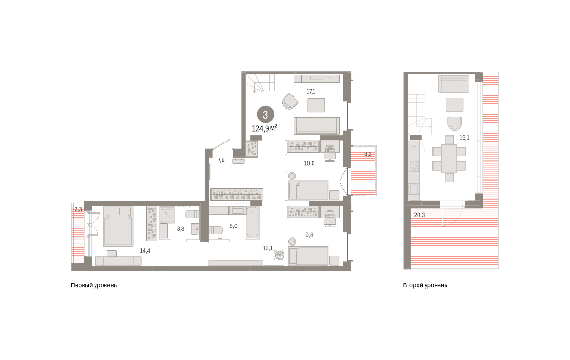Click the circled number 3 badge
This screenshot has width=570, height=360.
(266, 115)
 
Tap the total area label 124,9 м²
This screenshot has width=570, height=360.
(265, 128)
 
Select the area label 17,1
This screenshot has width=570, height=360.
(311, 92)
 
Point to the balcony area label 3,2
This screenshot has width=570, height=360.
(368, 154)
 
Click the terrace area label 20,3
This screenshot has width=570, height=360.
(419, 215)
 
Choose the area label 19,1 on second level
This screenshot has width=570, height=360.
(464, 138)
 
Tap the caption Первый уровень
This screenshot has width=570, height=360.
(94, 285)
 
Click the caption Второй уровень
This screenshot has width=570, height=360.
(425, 285)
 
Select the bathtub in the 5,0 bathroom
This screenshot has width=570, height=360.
(252, 223)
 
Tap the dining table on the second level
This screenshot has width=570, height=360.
(449, 159)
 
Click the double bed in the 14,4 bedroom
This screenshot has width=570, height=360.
(118, 227)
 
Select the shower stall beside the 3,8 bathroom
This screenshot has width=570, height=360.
(167, 215)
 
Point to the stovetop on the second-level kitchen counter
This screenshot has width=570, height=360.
(414, 166)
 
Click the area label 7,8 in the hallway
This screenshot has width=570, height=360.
(221, 160)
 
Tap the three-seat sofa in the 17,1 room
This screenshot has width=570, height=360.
(316, 126)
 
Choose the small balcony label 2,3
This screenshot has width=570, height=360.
(78, 209)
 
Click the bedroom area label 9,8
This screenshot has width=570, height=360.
(309, 235)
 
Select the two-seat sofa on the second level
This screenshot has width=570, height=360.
(454, 84)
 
